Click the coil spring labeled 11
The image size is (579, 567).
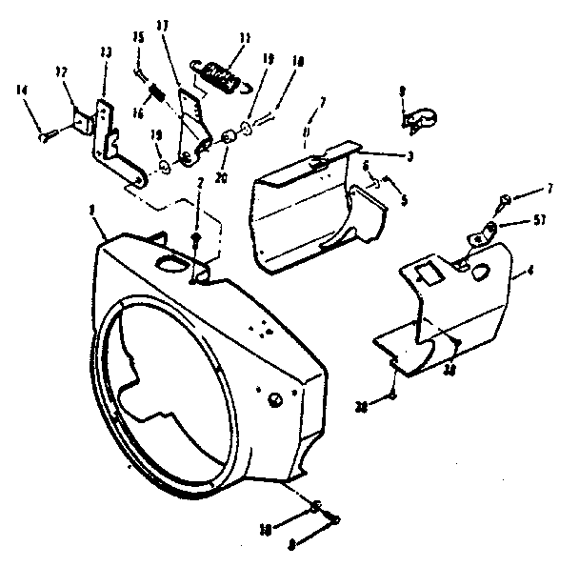pyautogui.click(x=221, y=74)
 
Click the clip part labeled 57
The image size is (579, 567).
pyautogui.click(x=489, y=229)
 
